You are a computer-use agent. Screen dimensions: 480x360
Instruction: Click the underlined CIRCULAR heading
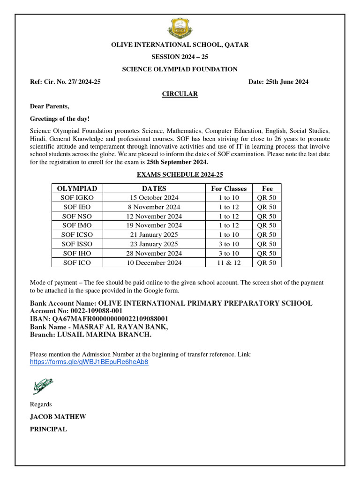click(x=180, y=94)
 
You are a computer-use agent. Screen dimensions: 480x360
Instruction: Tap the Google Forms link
click(x=89, y=362)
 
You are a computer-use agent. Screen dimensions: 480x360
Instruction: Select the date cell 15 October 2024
click(x=154, y=198)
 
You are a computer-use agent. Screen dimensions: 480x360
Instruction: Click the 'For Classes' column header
click(x=229, y=188)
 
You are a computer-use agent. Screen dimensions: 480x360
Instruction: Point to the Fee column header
click(x=267, y=188)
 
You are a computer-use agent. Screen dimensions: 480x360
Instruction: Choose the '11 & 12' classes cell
click(x=229, y=262)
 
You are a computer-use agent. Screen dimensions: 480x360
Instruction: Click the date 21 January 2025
click(x=154, y=235)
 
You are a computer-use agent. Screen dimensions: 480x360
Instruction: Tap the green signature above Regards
click(x=43, y=386)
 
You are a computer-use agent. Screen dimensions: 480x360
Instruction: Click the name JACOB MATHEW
click(x=58, y=417)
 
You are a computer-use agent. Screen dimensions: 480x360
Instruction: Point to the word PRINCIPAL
click(x=48, y=429)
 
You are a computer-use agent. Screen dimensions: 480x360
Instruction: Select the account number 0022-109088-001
click(x=95, y=311)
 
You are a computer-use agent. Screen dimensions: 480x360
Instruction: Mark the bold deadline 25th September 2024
click(x=177, y=162)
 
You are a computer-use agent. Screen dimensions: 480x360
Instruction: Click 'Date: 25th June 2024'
click(x=278, y=82)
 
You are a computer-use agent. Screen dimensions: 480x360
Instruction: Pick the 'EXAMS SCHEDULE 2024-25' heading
click(x=180, y=174)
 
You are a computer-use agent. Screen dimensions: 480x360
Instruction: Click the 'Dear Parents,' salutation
click(x=49, y=106)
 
